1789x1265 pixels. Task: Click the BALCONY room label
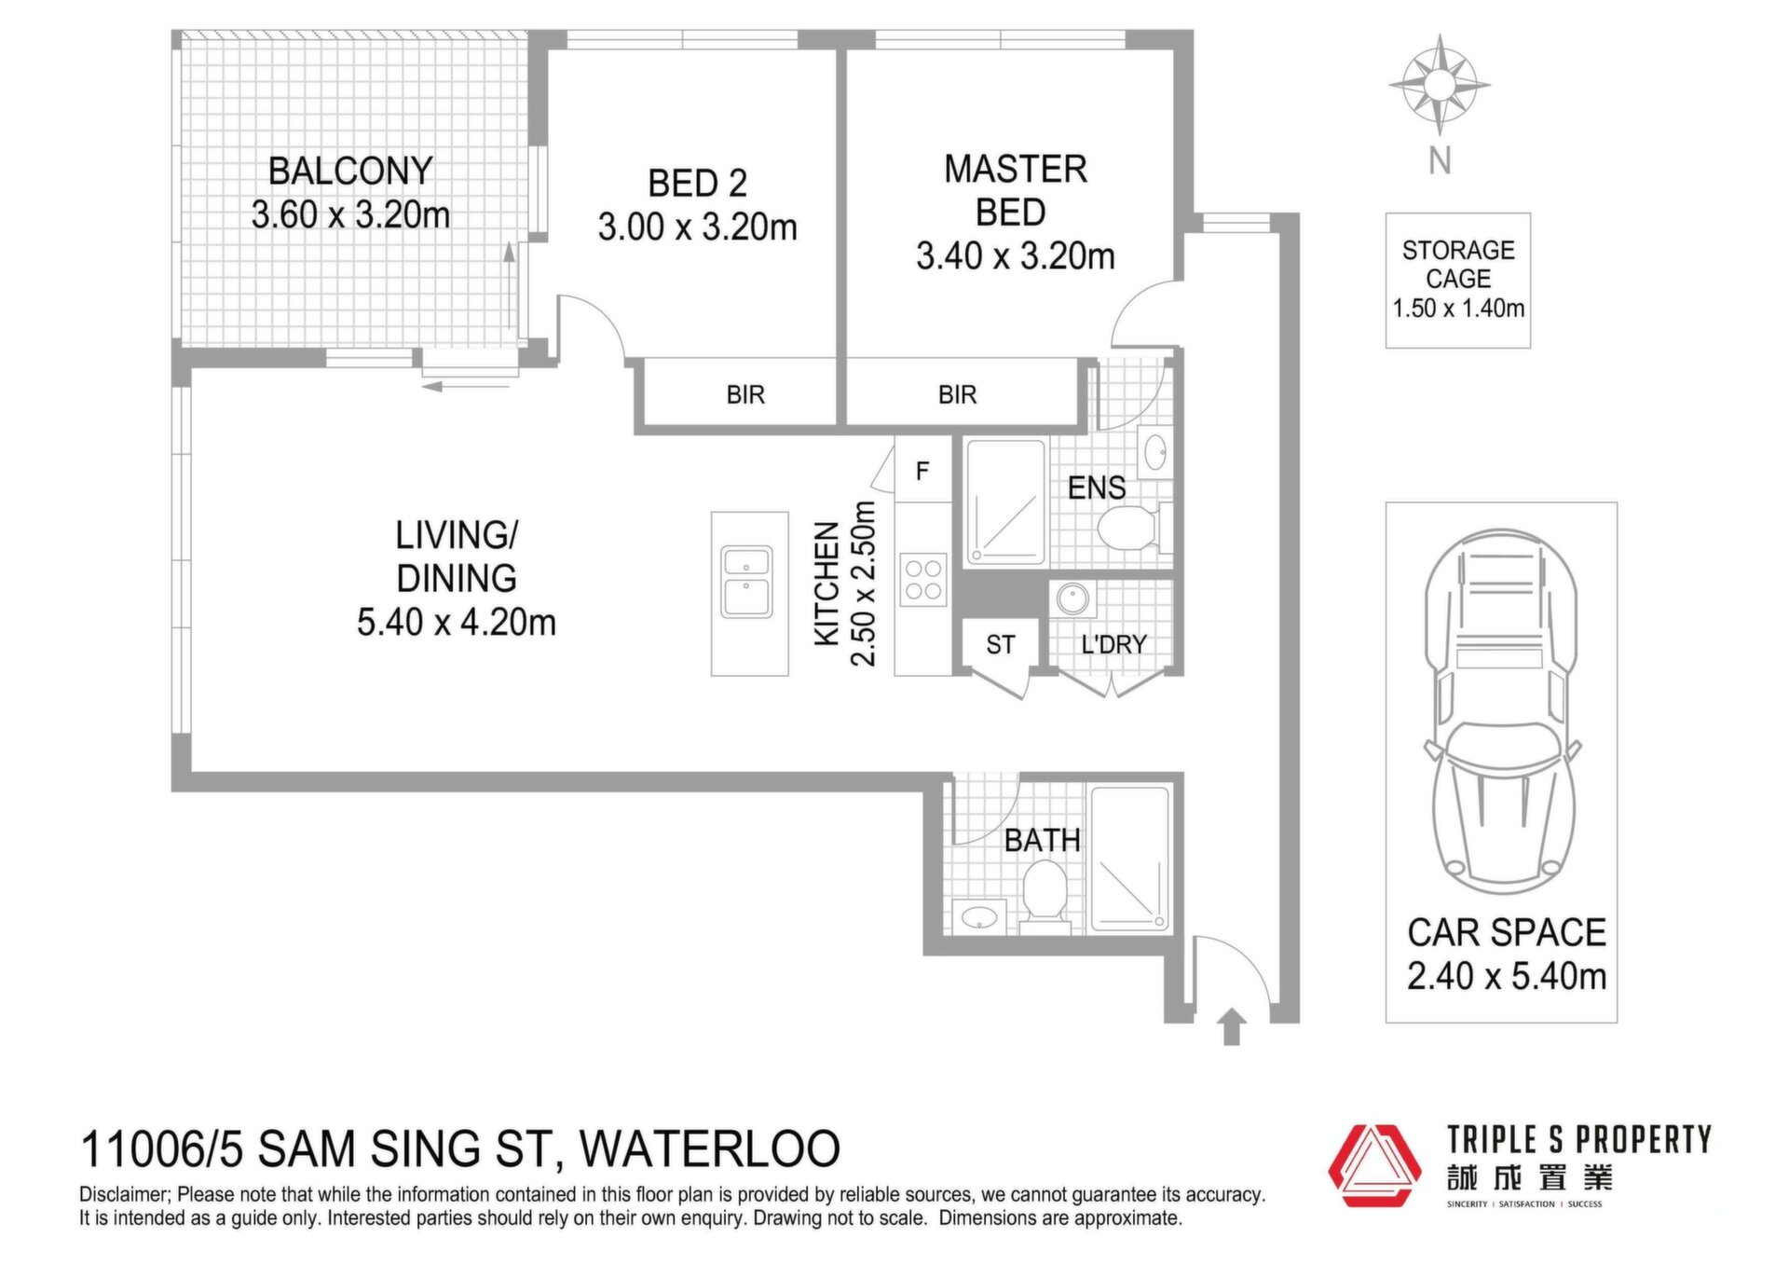(x=350, y=172)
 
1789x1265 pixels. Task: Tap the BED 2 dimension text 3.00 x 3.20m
(x=698, y=227)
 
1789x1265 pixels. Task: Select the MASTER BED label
(x=1016, y=190)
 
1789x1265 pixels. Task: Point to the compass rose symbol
(x=1440, y=85)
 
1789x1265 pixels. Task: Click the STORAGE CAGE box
(x=1458, y=281)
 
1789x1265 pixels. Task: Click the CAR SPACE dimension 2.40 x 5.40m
(x=1507, y=976)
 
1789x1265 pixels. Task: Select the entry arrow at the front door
(x=1232, y=1026)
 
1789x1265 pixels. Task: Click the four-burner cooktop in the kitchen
(x=923, y=579)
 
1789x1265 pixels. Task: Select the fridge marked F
(x=922, y=471)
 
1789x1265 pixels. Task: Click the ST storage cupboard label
(x=1001, y=645)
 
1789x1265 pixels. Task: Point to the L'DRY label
(x=1113, y=644)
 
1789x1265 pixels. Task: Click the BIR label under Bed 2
(x=745, y=395)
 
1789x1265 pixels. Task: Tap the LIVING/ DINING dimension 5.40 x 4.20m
(x=457, y=622)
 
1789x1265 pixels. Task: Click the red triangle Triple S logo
(x=1374, y=1165)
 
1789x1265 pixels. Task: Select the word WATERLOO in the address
(x=710, y=1148)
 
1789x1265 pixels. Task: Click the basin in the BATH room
(x=979, y=917)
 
